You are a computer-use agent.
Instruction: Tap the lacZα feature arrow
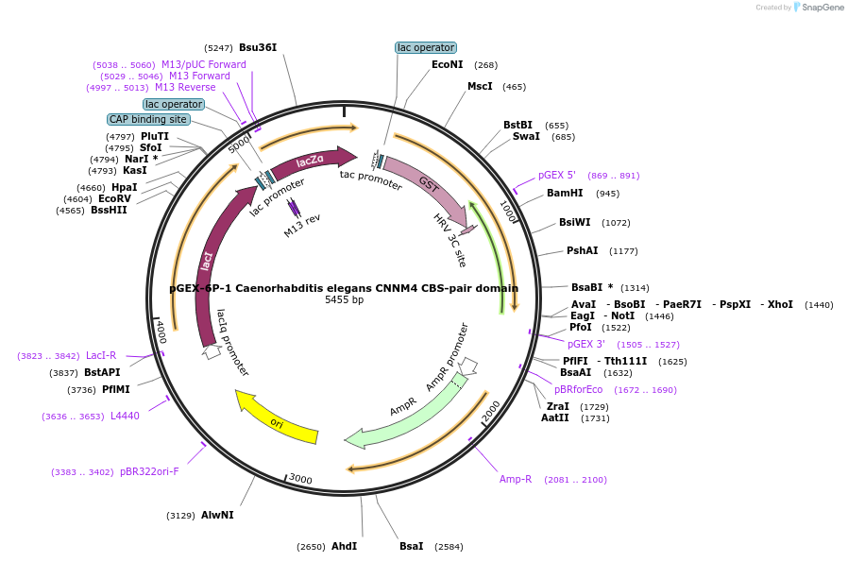coord(312,162)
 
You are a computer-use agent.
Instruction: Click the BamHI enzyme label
coord(565,194)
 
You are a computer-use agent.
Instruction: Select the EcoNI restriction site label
coord(448,65)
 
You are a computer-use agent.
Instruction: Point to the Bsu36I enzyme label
coord(258,47)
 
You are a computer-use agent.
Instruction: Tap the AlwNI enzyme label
coord(217,515)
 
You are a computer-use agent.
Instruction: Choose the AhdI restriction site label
coord(344,546)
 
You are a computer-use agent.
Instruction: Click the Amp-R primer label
coord(516,479)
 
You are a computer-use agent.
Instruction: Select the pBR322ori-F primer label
coord(149,471)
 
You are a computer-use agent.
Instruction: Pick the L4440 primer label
coord(125,416)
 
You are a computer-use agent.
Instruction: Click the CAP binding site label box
coord(148,119)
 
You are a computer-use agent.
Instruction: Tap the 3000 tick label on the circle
coord(300,479)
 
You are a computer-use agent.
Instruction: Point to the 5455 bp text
coord(344,300)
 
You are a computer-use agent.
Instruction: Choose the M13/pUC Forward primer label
coord(204,65)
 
